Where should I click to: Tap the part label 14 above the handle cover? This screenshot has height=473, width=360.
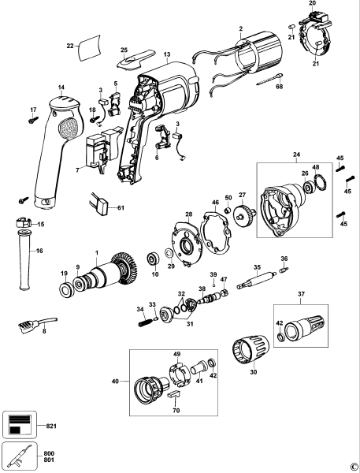(61, 86)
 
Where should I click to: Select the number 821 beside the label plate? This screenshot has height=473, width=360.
(54, 425)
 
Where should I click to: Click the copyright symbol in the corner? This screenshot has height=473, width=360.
(353, 467)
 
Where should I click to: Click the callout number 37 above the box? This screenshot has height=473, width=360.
(301, 294)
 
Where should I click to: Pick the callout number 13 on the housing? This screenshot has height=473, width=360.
(167, 54)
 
